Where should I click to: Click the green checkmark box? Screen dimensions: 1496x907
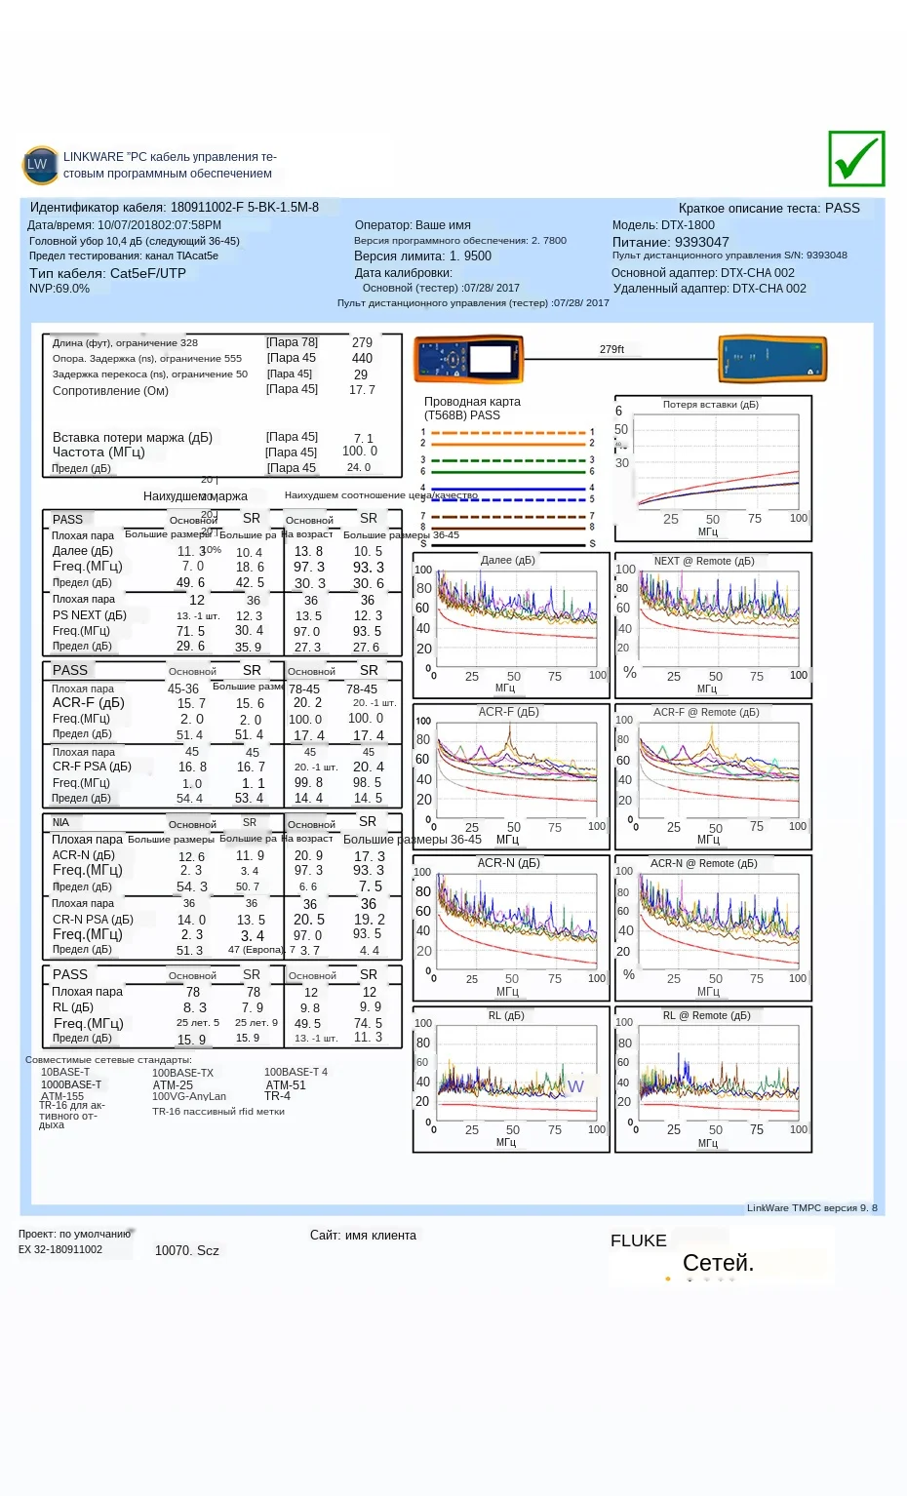(856, 158)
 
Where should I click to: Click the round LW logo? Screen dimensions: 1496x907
(37, 164)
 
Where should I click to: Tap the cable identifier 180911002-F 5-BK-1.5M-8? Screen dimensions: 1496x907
(245, 207)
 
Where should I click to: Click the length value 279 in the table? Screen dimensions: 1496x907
(362, 342)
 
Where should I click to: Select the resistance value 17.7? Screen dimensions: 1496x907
(362, 389)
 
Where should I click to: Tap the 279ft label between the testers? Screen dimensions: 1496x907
(611, 349)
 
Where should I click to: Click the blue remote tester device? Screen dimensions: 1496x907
(772, 359)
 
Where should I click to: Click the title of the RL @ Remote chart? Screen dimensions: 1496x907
(706, 1015)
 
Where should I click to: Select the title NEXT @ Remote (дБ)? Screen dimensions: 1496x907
(704, 561)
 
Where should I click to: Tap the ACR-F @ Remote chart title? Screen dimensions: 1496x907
(706, 712)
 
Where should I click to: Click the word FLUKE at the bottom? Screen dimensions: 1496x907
(639, 1240)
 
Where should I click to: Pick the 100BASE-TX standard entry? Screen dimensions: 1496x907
(182, 1073)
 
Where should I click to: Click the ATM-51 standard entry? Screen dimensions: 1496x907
(286, 1084)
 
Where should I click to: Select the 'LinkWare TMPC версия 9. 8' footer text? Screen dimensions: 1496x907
(811, 1207)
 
